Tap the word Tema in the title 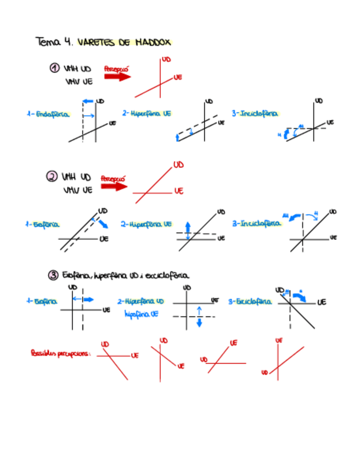pos(47,42)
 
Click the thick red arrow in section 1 pos(117,77)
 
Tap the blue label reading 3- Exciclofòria pos(250,302)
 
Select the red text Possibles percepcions pos(60,354)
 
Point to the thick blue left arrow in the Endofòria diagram pos(88,101)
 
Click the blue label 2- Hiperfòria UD pos(140,302)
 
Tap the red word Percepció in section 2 pos(113,178)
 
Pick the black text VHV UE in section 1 pos(78,82)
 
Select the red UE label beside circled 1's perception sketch pos(177,78)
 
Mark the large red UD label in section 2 pos(178,165)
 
